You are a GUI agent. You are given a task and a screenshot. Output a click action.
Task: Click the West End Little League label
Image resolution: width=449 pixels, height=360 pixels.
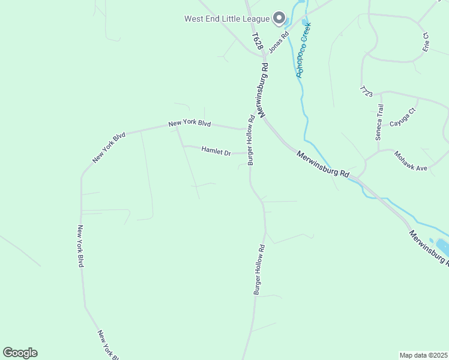point(227,18)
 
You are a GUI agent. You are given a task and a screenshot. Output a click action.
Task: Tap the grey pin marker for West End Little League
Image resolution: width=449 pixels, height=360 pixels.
point(279,19)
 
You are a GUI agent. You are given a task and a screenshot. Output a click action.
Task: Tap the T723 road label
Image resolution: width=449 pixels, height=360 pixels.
point(366,92)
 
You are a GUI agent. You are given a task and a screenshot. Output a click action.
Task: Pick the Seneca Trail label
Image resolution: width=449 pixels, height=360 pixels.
point(379,122)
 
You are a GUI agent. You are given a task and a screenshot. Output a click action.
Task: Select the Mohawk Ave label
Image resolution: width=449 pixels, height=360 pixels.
point(411,160)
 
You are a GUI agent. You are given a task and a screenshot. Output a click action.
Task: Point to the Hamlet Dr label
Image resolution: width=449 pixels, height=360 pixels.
point(216,151)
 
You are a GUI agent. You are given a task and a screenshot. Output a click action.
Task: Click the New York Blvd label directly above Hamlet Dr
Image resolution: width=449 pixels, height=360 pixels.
point(190,124)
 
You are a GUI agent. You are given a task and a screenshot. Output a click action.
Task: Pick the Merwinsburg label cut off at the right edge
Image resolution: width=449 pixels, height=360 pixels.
point(429,247)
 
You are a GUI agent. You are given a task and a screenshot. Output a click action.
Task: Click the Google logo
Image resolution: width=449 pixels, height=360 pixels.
point(20,353)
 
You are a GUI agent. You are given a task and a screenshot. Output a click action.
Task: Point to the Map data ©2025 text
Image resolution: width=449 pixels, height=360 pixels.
point(423,355)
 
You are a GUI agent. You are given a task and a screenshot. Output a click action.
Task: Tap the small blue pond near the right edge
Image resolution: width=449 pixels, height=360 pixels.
point(442,247)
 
